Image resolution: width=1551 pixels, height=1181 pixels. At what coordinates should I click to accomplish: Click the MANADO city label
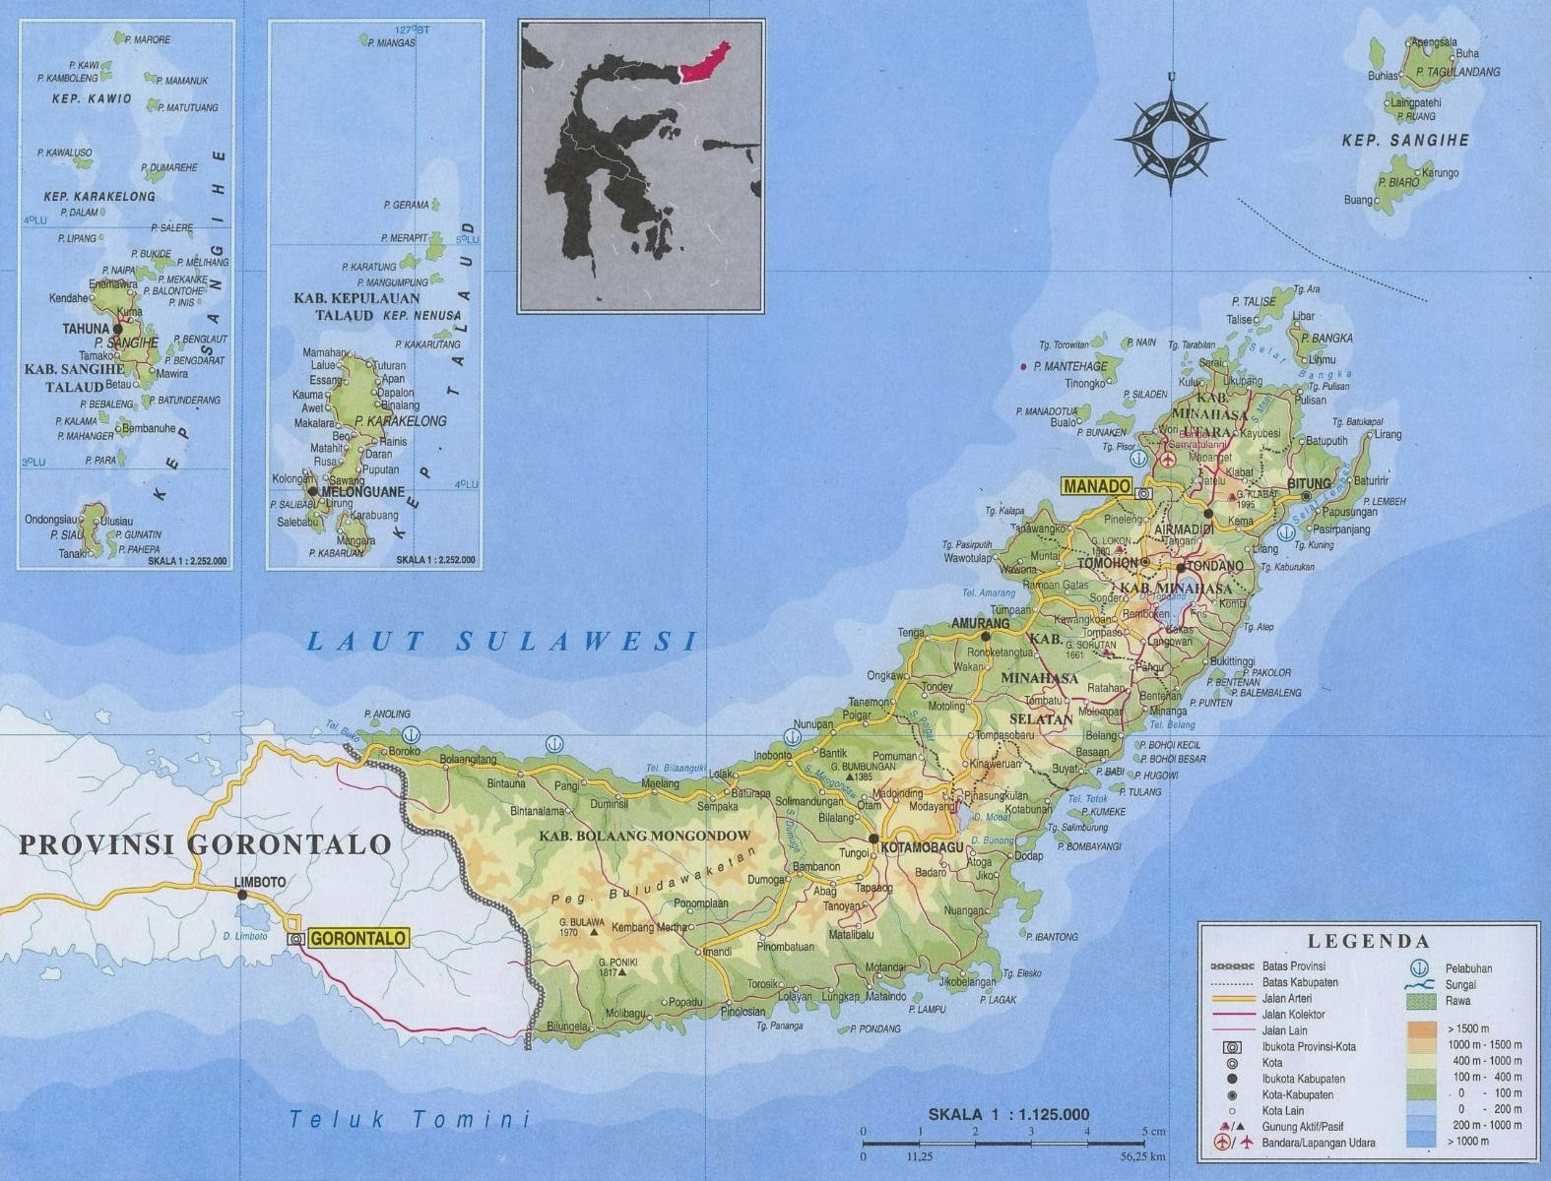pyautogui.click(x=1096, y=486)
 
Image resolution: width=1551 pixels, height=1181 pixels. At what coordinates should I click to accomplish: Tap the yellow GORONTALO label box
pyautogui.click(x=357, y=939)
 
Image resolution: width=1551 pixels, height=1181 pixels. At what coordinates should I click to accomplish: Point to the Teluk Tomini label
pyautogui.click(x=409, y=1119)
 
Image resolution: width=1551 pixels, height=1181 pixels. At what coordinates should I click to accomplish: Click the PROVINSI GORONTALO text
pyautogui.click(x=205, y=844)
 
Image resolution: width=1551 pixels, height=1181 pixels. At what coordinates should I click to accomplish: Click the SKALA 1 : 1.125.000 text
pyautogui.click(x=1008, y=1114)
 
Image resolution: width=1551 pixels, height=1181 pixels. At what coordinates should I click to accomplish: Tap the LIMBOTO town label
pyautogui.click(x=261, y=882)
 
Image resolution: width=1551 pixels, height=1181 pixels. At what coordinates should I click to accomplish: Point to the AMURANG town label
pyautogui.click(x=980, y=623)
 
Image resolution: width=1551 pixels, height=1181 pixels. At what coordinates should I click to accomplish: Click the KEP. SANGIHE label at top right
pyautogui.click(x=1404, y=141)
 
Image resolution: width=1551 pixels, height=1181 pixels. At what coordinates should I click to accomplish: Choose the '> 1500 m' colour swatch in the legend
pyautogui.click(x=1420, y=1029)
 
